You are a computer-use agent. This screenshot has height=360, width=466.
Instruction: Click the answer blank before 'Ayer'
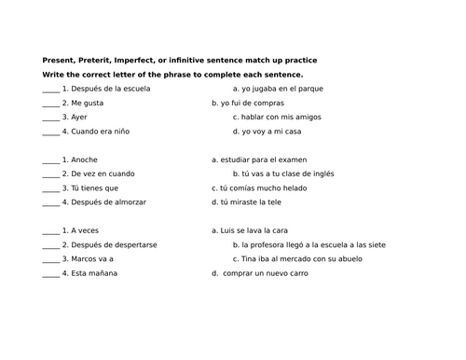click(x=50, y=118)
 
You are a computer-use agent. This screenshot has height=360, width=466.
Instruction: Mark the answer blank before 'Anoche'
click(x=50, y=159)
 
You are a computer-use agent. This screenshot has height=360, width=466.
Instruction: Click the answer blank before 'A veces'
click(x=50, y=229)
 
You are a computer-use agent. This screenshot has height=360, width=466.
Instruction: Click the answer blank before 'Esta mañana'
click(x=50, y=272)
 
